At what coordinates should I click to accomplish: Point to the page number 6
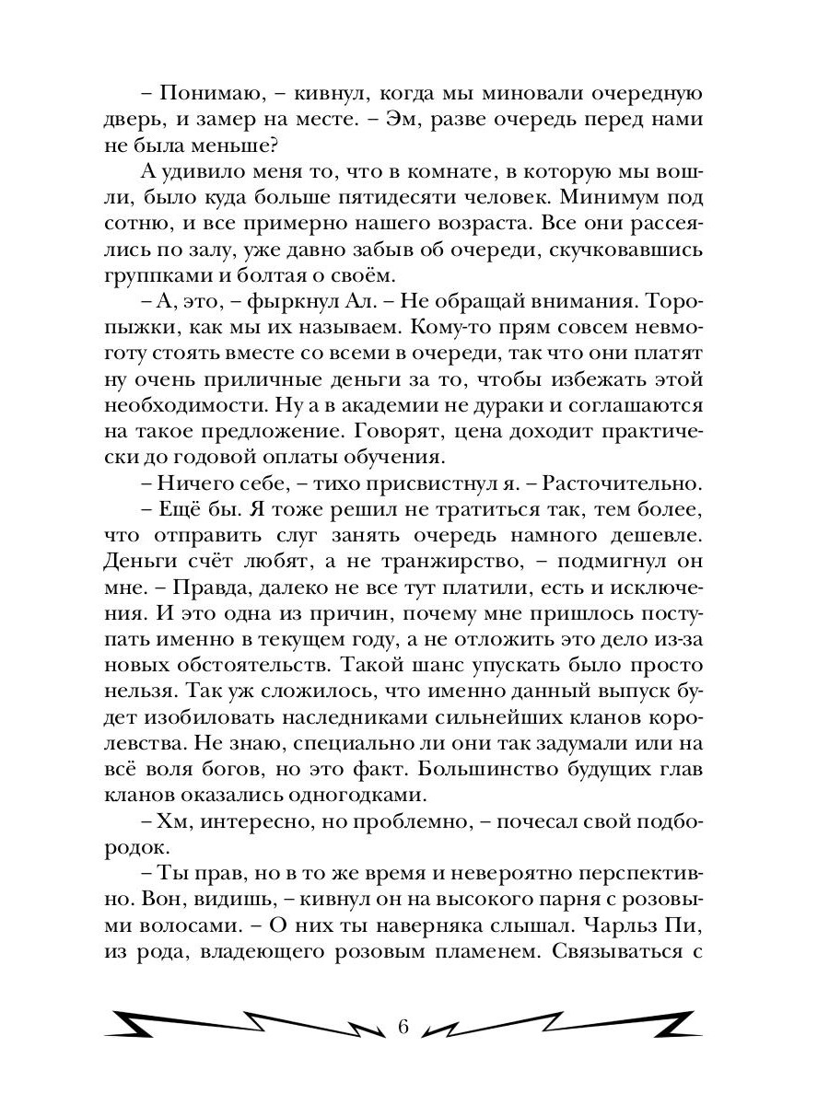[403, 1027]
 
